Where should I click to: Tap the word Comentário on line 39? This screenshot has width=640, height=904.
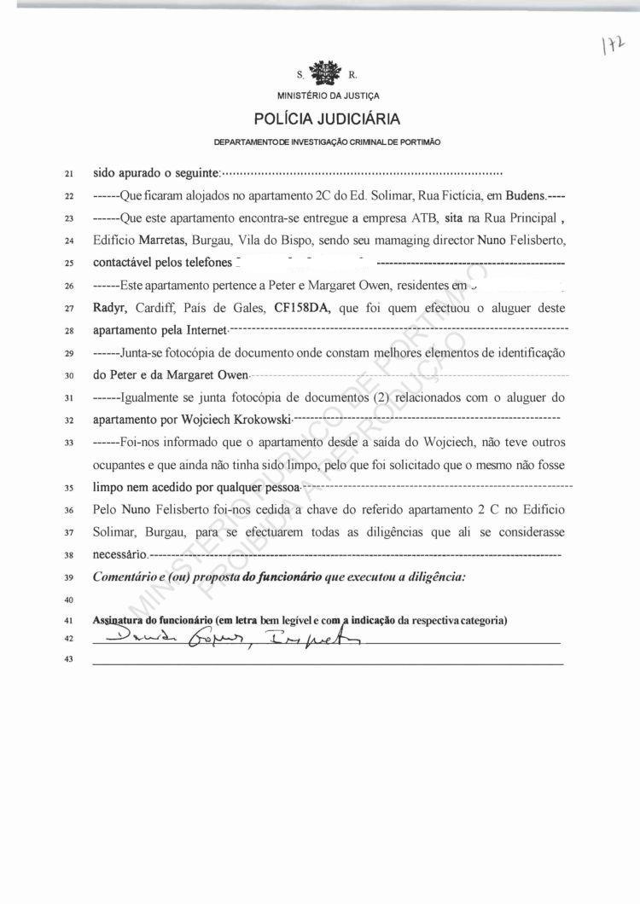129,577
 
